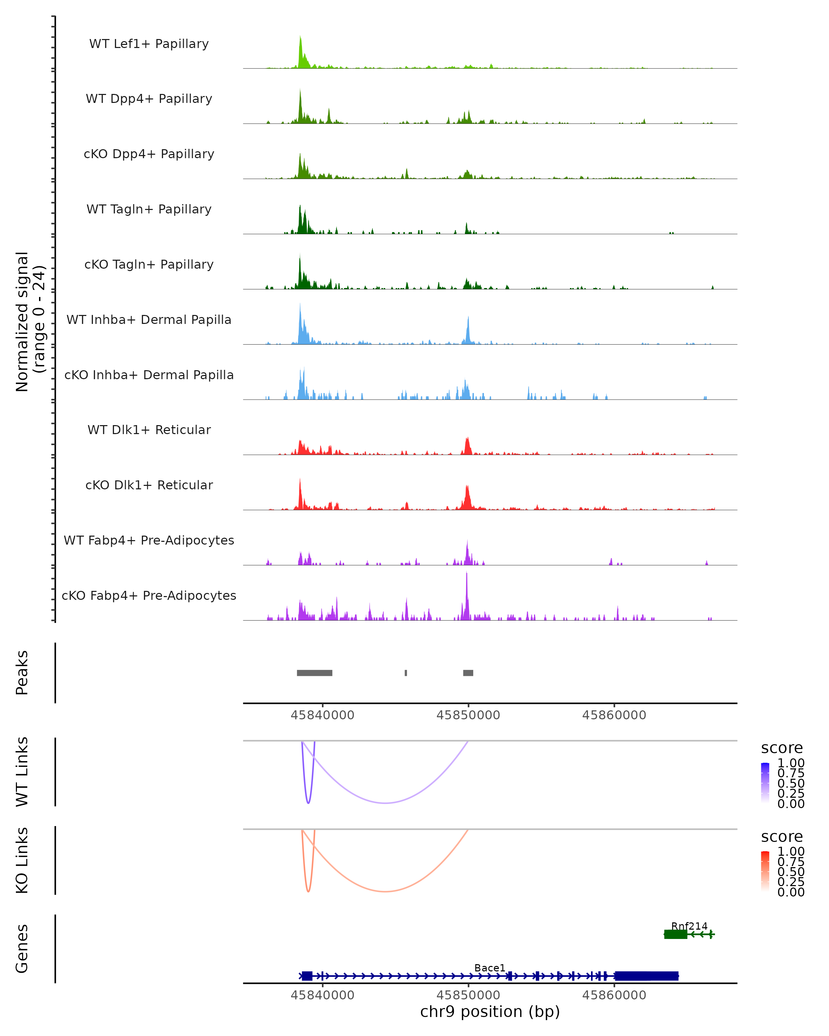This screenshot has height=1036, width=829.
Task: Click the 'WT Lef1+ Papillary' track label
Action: (149, 44)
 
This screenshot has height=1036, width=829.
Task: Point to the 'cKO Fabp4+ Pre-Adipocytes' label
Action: (149, 595)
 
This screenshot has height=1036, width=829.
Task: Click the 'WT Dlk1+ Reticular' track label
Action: (149, 430)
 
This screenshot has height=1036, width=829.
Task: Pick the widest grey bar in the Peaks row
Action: (314, 673)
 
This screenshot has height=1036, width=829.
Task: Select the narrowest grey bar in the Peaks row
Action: (406, 673)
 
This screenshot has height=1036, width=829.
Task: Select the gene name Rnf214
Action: (689, 926)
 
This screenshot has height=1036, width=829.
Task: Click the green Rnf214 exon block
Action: (675, 934)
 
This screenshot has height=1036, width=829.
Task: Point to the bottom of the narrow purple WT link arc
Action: (308, 803)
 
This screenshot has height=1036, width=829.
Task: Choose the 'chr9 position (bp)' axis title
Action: (490, 1011)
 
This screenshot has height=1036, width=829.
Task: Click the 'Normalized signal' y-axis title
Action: (22, 322)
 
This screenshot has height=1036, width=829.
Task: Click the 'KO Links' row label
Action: (22, 860)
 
